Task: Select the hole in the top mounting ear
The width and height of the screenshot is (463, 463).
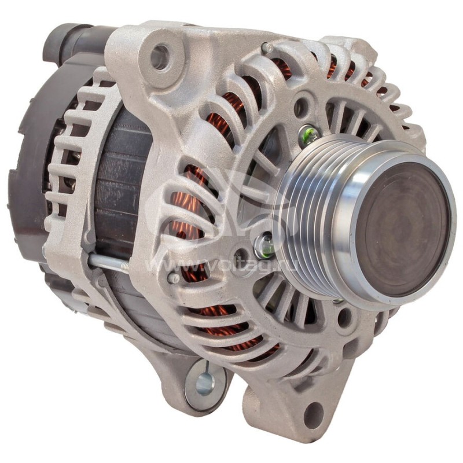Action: pos(160,56)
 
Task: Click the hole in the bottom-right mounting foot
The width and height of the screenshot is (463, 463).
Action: pos(313,413)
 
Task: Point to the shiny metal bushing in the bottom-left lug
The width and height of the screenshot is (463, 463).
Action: pos(204,382)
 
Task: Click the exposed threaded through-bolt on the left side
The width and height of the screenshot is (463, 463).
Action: pos(109,263)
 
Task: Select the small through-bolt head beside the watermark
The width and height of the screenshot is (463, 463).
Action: pos(173,278)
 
